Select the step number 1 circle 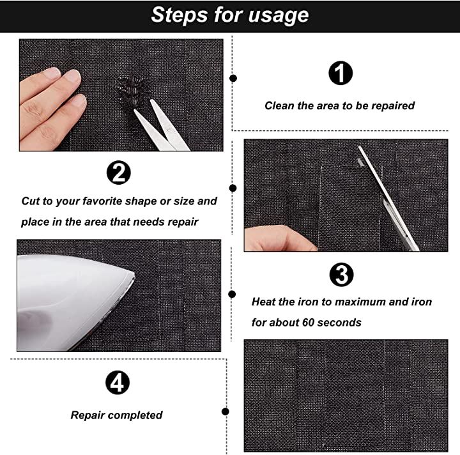pos(341,73)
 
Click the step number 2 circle pos(119,173)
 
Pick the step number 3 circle pos(341,275)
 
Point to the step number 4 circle pos(118,383)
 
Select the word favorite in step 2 pos(102,201)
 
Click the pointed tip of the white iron pos(134,275)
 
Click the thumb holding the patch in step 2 pos(279,238)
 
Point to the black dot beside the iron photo pos(232,294)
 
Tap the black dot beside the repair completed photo pos(226,412)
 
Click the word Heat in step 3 pos(263,302)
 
